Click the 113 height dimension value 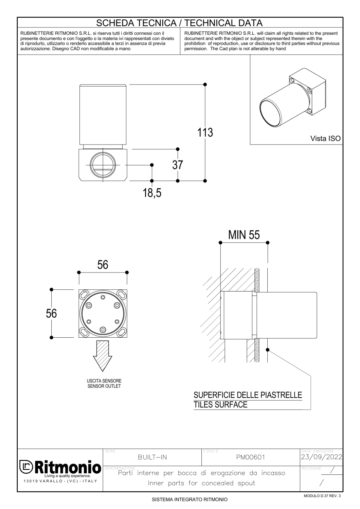click(205, 132)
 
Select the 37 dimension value click(177, 165)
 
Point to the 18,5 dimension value click(152, 193)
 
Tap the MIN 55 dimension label click(244, 235)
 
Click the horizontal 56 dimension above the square click(103, 265)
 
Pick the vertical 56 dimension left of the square click(51, 313)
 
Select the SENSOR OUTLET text click(104, 386)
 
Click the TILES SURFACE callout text click(220, 404)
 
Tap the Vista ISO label click(325, 138)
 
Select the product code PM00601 click(251, 457)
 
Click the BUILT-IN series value click(152, 457)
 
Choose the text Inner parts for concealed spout click(201, 483)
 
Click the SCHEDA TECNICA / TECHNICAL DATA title click(180, 23)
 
